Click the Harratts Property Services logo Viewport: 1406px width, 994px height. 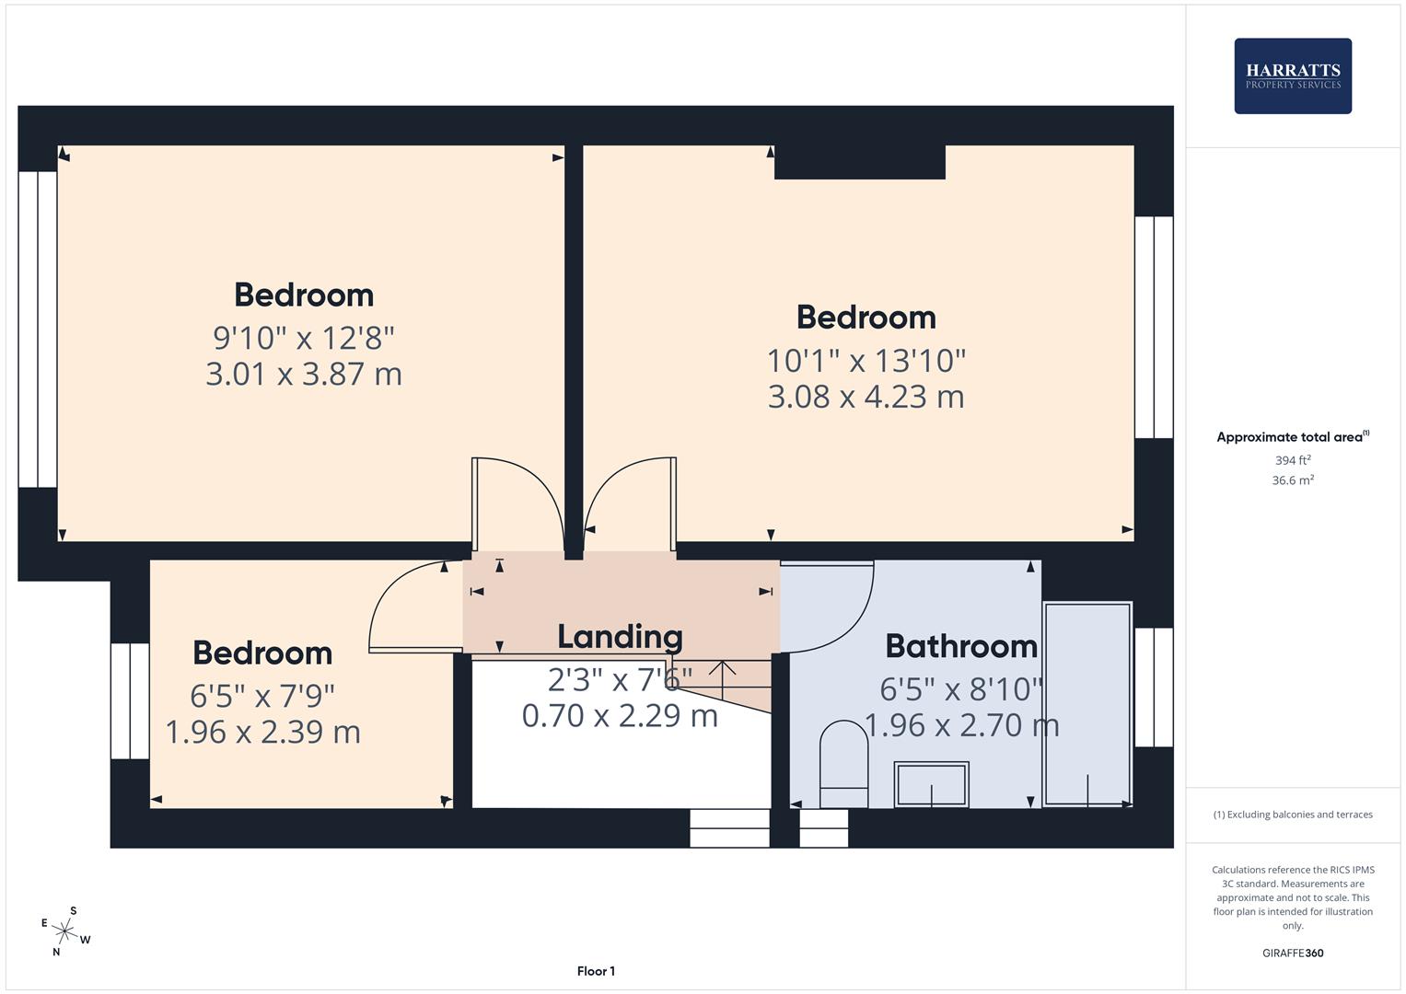click(x=1292, y=75)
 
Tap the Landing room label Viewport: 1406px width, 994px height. click(x=620, y=637)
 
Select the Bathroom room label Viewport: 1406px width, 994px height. click(x=961, y=646)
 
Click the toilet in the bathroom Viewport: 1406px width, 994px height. click(x=843, y=763)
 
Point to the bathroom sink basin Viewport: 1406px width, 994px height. click(x=931, y=785)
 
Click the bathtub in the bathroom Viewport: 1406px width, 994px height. click(x=1086, y=704)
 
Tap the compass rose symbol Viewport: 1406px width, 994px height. click(x=64, y=930)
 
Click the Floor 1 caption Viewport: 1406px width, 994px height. click(x=596, y=971)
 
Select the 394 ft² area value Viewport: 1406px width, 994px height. click(x=1292, y=460)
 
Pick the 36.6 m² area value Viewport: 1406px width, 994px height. click(x=1292, y=480)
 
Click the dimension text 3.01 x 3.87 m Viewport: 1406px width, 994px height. click(x=303, y=375)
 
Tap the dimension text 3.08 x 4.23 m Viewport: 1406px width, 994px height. click(x=866, y=397)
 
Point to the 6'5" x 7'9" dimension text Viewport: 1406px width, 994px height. click(x=262, y=694)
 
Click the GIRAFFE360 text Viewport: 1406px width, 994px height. click(x=1292, y=953)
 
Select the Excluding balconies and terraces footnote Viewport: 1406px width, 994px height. click(x=1292, y=815)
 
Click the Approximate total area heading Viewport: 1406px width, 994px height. click(x=1292, y=437)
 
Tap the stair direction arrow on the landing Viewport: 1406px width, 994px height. click(x=722, y=679)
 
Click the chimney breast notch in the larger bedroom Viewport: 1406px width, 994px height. click(x=859, y=162)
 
